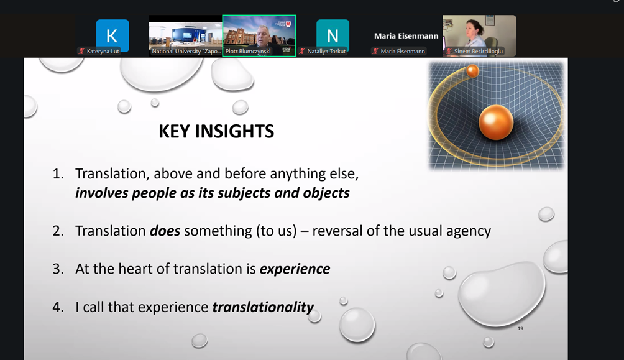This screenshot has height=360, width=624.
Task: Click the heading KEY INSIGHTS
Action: [x=216, y=131]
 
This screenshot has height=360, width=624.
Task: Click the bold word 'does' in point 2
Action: [x=165, y=231]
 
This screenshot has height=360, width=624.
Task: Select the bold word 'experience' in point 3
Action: [x=295, y=270]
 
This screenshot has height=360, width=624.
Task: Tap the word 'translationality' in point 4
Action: [x=263, y=307]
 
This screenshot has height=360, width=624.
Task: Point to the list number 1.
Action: [x=58, y=174]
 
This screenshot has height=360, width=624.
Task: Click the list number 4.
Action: [x=58, y=307]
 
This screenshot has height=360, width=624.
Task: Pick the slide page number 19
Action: [x=520, y=328]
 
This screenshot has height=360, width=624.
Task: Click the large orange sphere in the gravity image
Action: [x=495, y=122]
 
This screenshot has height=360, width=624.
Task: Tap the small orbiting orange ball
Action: [x=472, y=72]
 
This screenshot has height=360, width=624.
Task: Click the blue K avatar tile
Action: [x=112, y=35]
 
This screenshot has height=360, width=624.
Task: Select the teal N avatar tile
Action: [x=333, y=35]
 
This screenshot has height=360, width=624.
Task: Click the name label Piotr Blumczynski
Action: [x=248, y=52]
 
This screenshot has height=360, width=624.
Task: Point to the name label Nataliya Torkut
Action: [x=326, y=52]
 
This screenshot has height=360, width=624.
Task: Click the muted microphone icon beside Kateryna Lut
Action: [x=81, y=52]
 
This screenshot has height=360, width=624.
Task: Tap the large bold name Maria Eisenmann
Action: [x=406, y=36]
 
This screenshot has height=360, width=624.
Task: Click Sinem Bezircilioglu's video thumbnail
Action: [x=480, y=35]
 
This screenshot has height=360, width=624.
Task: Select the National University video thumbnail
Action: [x=185, y=35]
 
